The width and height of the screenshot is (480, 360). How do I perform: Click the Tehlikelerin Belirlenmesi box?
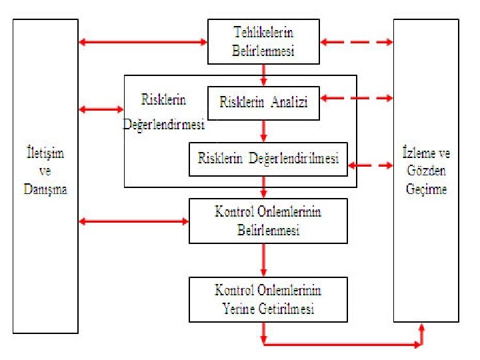(x=263, y=41)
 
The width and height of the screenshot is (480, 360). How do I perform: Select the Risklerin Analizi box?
(x=263, y=103)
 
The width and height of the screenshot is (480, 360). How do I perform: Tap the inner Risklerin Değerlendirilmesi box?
(x=268, y=159)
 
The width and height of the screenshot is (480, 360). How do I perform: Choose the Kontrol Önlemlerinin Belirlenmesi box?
(x=268, y=221)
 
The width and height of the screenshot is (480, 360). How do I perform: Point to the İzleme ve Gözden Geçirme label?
(x=427, y=171)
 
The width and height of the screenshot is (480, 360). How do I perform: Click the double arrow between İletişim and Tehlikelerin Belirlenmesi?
(x=143, y=43)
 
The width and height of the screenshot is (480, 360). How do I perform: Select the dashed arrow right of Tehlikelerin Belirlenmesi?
(x=357, y=43)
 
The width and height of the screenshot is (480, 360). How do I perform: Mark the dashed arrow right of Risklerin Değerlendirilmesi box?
(x=371, y=164)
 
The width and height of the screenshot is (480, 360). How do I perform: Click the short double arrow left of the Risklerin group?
(x=101, y=109)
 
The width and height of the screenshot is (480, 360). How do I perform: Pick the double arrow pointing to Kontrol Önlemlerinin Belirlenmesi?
(x=133, y=221)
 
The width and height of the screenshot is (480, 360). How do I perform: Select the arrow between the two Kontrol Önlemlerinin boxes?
(x=265, y=260)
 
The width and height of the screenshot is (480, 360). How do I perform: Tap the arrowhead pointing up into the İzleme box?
(x=421, y=328)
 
